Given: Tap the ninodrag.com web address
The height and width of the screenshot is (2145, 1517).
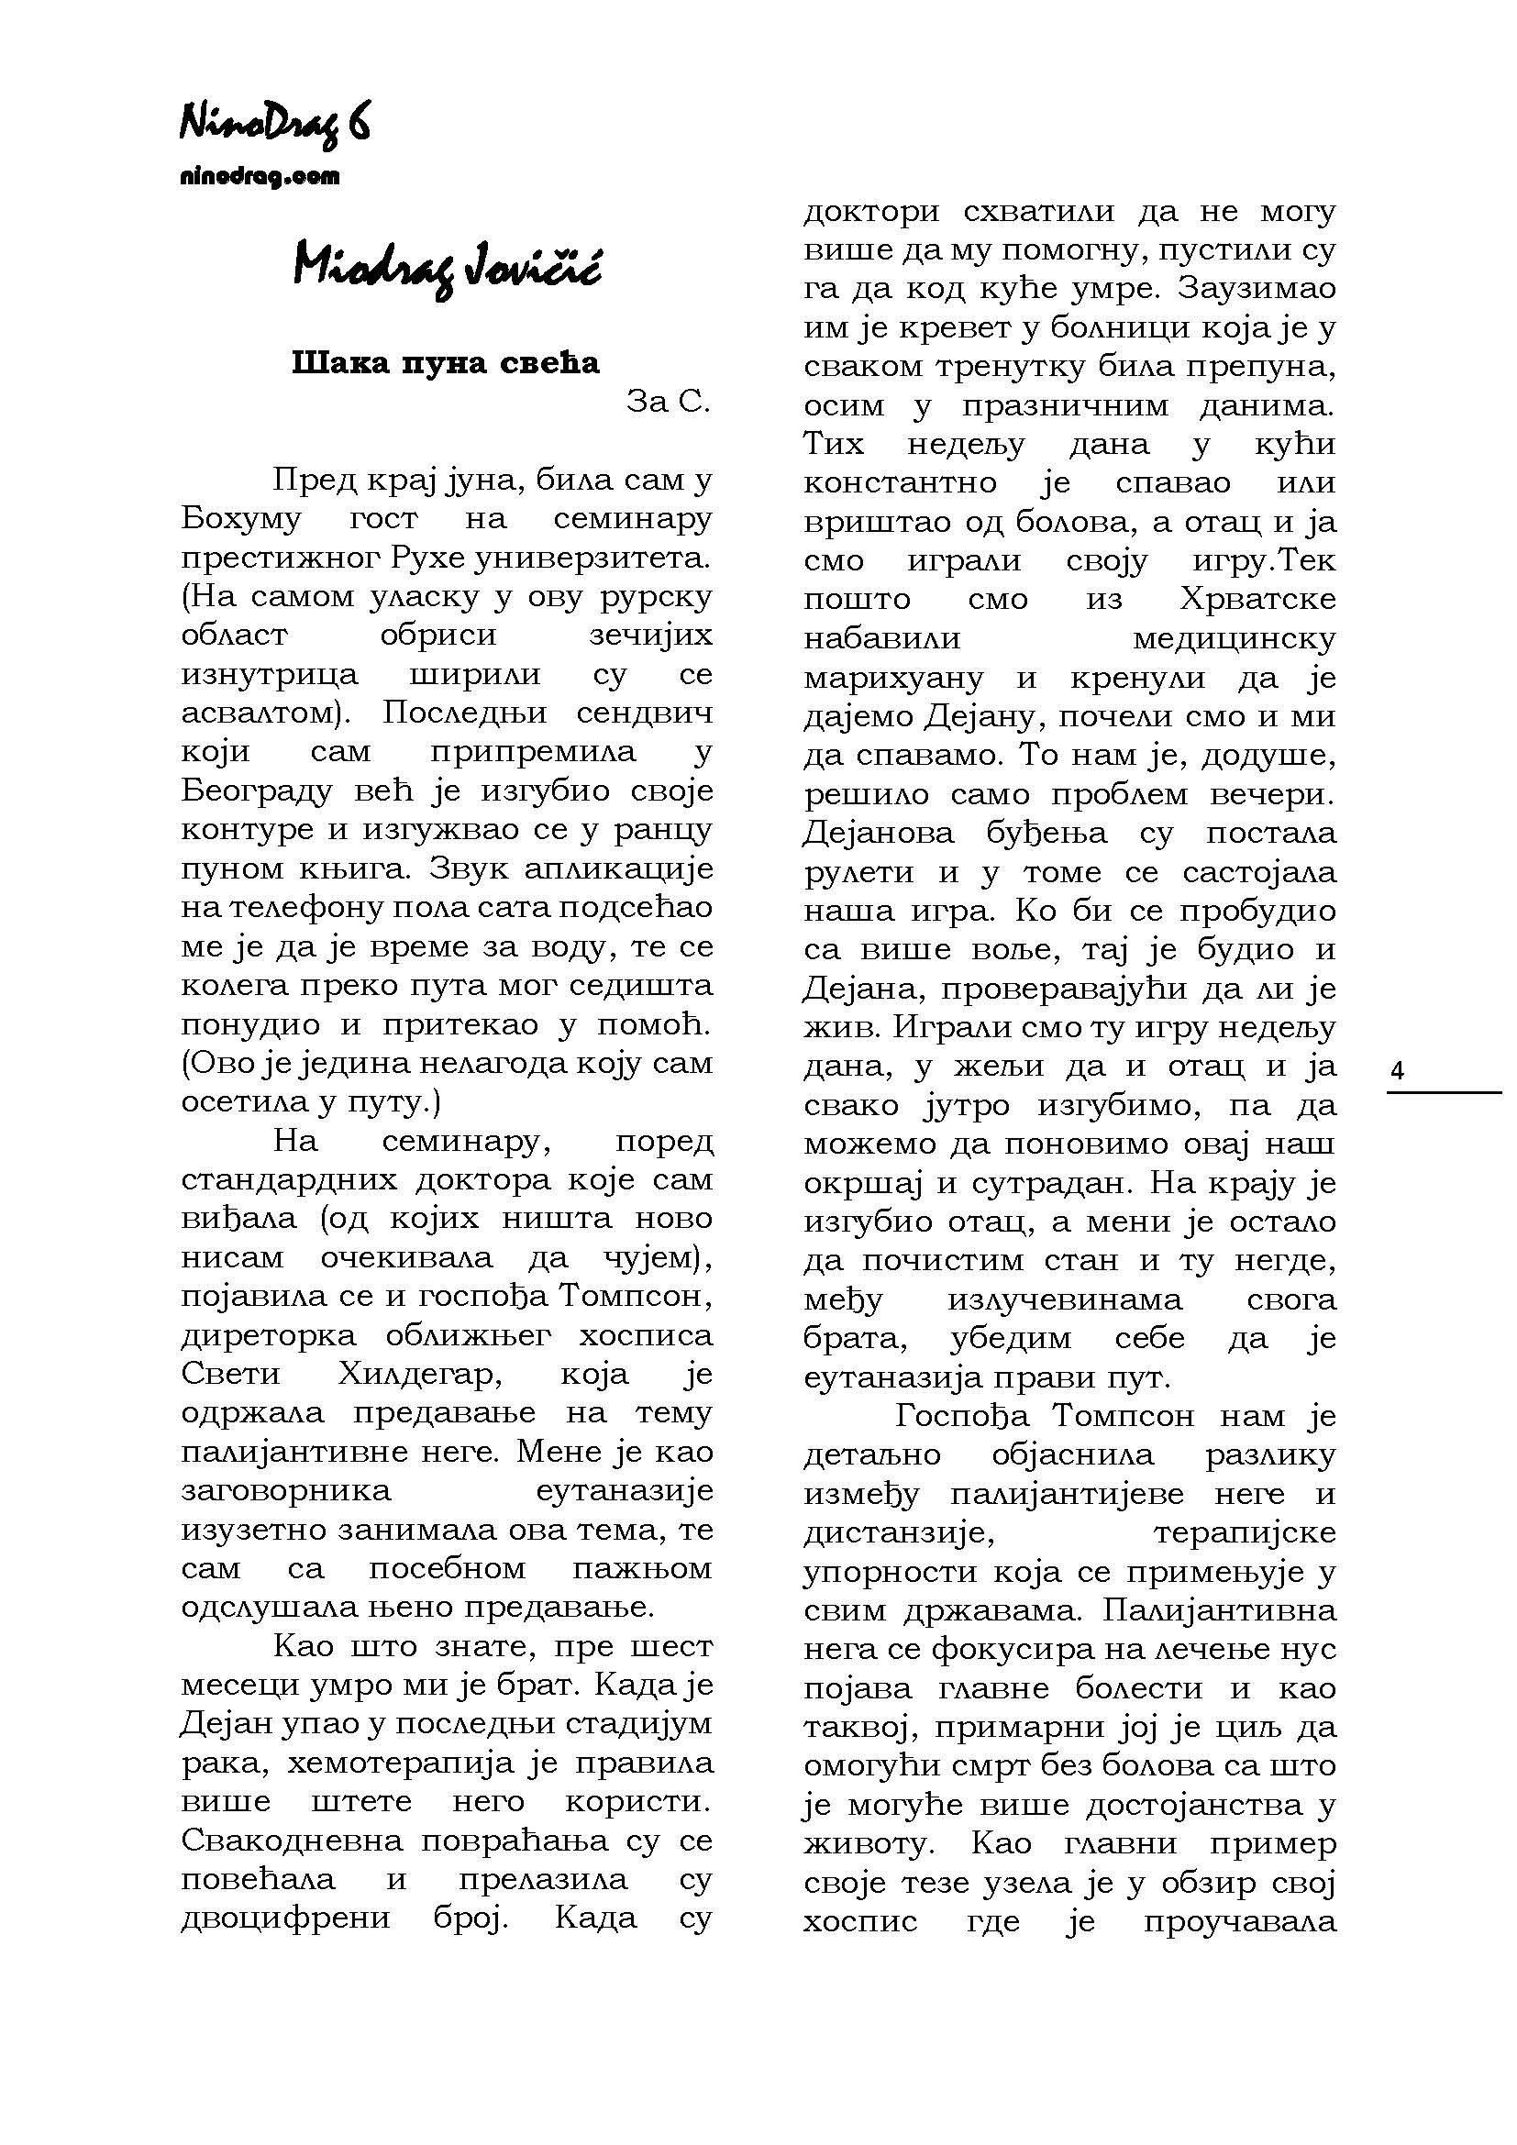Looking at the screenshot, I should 259,177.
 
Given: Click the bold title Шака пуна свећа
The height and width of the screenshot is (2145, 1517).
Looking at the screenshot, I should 446,362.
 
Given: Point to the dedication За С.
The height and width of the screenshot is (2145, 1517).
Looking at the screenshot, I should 668,401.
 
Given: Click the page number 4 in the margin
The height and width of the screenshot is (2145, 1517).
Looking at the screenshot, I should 1398,1071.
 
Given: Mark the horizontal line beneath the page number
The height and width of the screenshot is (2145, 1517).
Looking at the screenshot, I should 1443,1092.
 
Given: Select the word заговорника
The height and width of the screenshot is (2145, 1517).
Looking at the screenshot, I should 286,1490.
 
